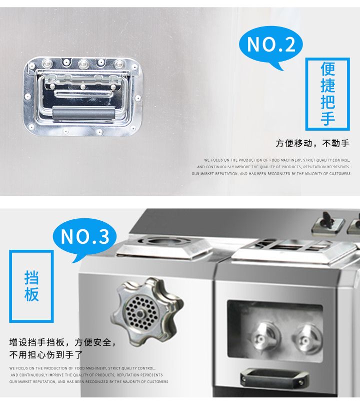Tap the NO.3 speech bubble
coord(84,238)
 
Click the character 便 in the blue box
coord(327,70)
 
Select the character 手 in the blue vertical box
coord(327,118)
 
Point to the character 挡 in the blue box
coord(31,278)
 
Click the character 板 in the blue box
coord(31,294)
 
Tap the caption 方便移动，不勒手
coord(312,143)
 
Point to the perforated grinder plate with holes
coord(140,313)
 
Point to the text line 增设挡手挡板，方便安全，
coord(63,342)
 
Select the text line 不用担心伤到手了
coord(46,355)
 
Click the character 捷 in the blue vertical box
coord(327,86)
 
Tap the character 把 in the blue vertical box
coord(327,102)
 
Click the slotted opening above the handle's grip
coord(83,94)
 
